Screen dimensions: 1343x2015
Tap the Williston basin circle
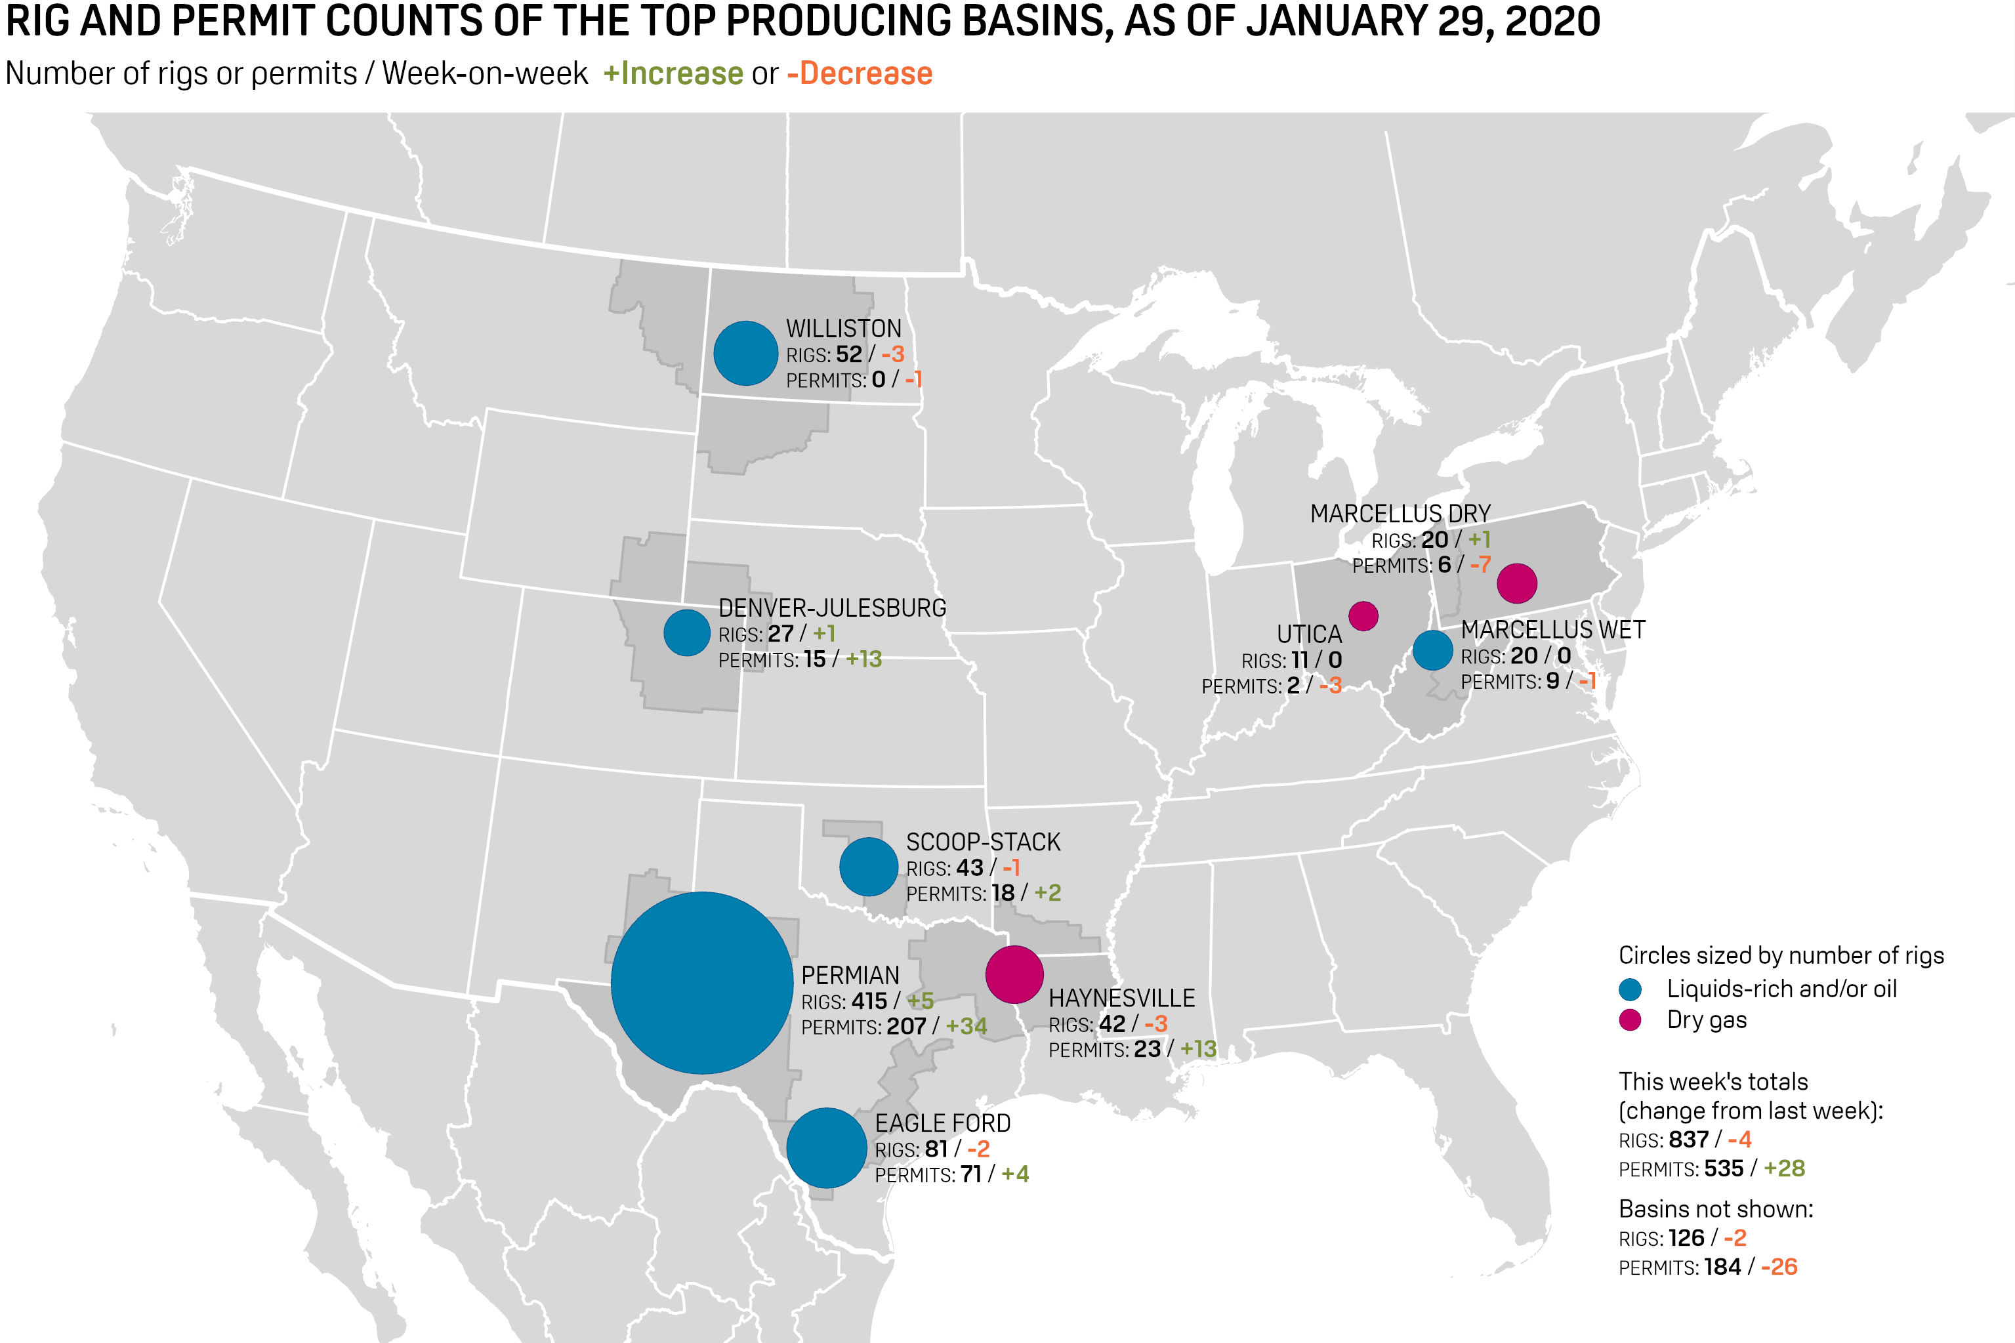(x=745, y=353)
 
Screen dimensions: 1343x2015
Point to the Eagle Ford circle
(x=826, y=1147)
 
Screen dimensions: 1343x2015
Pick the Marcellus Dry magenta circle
(x=1516, y=583)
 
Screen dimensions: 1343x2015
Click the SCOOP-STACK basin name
(x=983, y=842)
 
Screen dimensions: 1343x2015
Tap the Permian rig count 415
(x=869, y=1001)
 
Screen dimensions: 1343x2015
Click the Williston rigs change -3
(x=892, y=354)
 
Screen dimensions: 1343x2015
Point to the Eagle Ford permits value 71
(x=970, y=1174)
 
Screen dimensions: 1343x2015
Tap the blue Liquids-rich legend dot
(x=1631, y=990)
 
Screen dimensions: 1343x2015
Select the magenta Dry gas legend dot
(x=1631, y=1020)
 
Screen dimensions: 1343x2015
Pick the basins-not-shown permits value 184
(x=1722, y=1267)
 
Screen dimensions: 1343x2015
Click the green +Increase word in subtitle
(x=673, y=73)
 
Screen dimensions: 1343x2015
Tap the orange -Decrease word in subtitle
(x=860, y=73)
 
